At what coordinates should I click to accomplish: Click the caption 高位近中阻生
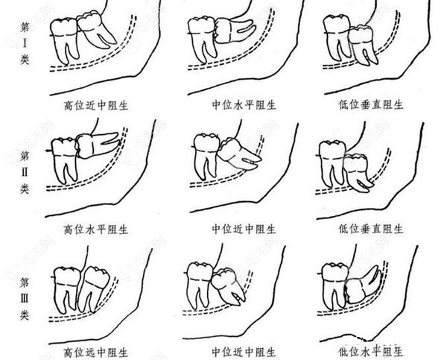pyautogui.click(x=96, y=106)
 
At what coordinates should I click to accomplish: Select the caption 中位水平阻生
pyautogui.click(x=244, y=105)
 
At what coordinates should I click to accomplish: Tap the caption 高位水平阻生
pyautogui.click(x=96, y=229)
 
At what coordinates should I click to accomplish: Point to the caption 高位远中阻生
pyautogui.click(x=96, y=353)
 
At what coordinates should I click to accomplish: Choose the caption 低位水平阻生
pyautogui.click(x=371, y=352)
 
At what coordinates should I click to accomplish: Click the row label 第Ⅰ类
pyautogui.click(x=25, y=43)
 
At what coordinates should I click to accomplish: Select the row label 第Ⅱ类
pyautogui.click(x=25, y=172)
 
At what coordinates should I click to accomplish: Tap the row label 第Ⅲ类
pyautogui.click(x=25, y=299)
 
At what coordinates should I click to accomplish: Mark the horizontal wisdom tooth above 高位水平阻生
pyautogui.click(x=97, y=145)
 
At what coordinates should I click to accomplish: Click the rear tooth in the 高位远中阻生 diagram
pyautogui.click(x=94, y=289)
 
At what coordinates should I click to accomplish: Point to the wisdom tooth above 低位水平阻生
pyautogui.click(x=363, y=285)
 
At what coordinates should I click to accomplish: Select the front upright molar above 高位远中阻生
pyautogui.click(x=67, y=289)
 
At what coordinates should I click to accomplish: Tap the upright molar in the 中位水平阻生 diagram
pyautogui.click(x=202, y=40)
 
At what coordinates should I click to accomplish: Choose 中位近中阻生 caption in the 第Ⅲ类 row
pyautogui.click(x=244, y=353)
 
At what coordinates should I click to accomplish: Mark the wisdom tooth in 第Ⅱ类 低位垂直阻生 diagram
pyautogui.click(x=358, y=172)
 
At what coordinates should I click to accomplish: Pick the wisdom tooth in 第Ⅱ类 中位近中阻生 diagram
pyautogui.click(x=239, y=154)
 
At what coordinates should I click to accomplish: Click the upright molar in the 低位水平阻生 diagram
pyautogui.click(x=335, y=286)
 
